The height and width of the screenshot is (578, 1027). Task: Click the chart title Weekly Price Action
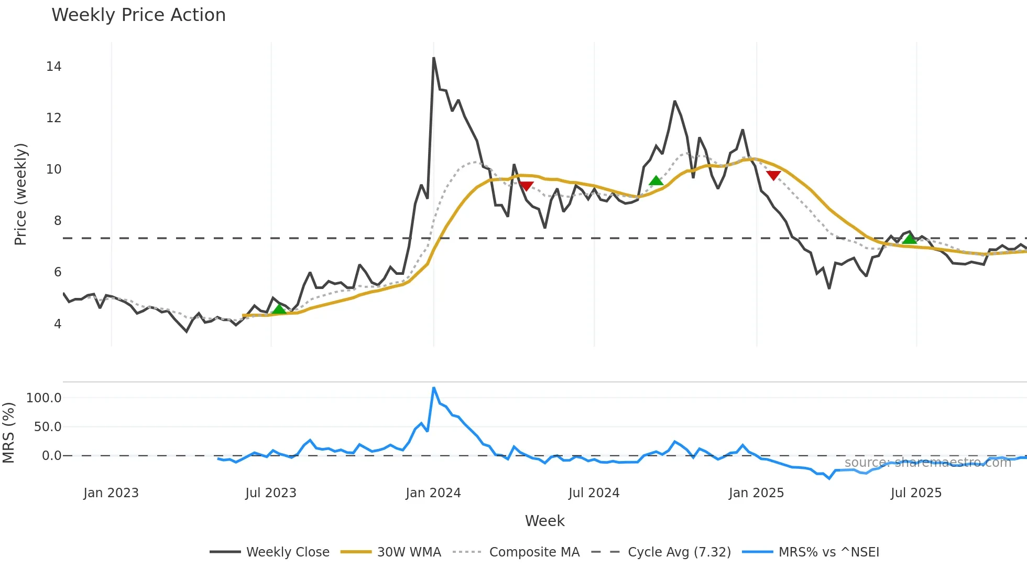138,15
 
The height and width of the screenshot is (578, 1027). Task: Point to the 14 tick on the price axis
53,67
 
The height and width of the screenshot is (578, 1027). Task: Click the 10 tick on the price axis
53,169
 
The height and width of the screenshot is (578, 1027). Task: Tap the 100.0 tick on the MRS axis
44,398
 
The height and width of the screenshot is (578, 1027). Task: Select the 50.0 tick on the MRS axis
48,427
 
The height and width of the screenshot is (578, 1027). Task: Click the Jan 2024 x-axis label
433,493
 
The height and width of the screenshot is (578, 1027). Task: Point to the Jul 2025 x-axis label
916,493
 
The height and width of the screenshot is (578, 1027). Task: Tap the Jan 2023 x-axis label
111,493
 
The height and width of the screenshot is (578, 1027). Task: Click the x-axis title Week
544,521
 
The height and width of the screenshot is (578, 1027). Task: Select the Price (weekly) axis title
20,194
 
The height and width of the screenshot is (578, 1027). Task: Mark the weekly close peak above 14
434,58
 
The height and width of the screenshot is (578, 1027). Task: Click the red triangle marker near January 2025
773,175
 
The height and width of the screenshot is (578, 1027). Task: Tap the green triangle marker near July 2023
279,309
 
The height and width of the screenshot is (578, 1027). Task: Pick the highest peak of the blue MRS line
434,388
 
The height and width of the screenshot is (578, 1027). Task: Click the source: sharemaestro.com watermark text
927,463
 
